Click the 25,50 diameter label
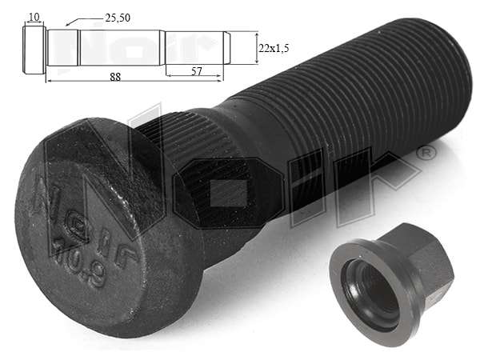pyautogui.click(x=118, y=18)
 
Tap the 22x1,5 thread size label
pyautogui.click(x=274, y=48)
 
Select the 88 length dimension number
pyautogui.click(x=115, y=77)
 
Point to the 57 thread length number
pyautogui.click(x=197, y=71)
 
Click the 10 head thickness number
pyautogui.click(x=34, y=17)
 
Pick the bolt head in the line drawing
pyautogui.click(x=34, y=50)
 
